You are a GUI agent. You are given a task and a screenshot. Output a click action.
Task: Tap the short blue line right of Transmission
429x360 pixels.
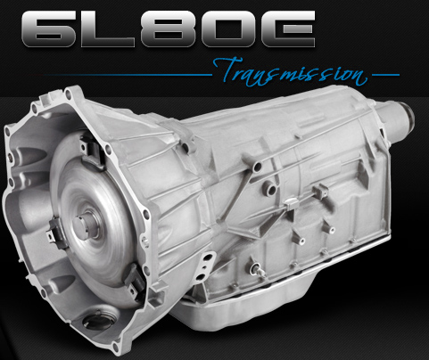click(384, 74)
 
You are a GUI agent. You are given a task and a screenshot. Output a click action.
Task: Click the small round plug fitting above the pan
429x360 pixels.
click(255, 266)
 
